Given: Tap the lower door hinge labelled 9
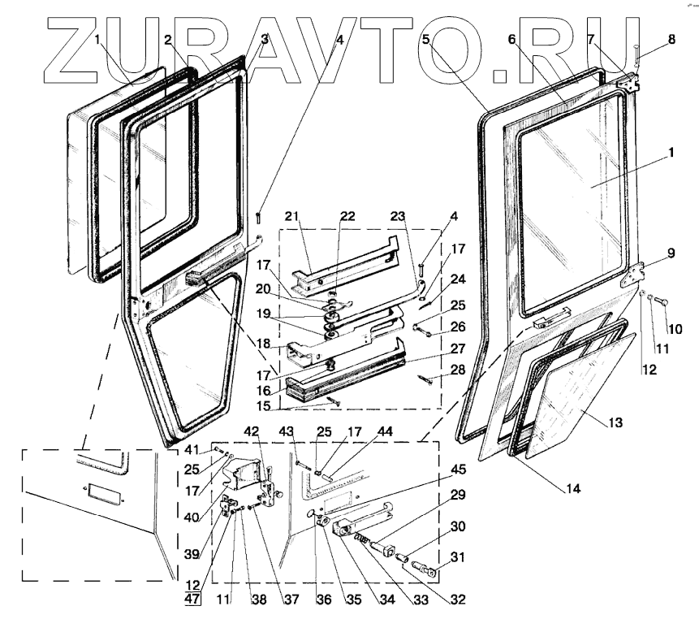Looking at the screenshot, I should tap(630, 276).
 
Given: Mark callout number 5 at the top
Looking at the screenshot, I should tap(425, 39).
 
